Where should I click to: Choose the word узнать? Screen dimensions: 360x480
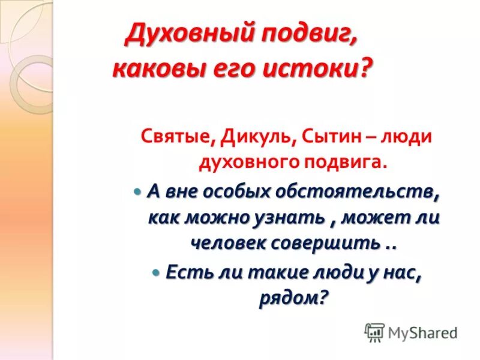[x=291, y=218]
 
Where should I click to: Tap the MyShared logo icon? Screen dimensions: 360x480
[x=374, y=331]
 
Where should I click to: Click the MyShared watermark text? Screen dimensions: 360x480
[x=422, y=332]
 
